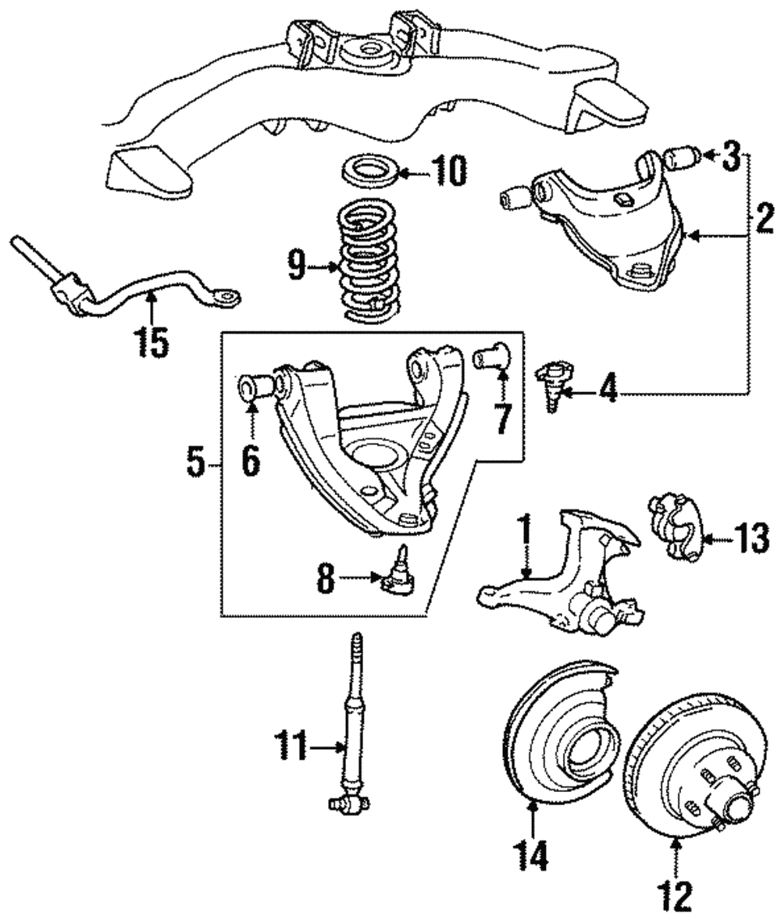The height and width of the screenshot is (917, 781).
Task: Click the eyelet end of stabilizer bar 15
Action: [229, 297]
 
